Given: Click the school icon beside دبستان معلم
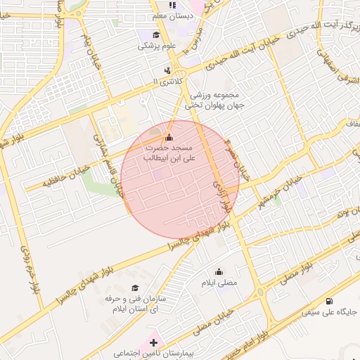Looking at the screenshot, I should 173,5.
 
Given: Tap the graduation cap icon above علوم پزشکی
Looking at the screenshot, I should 155,35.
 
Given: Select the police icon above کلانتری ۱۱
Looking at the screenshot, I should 167,70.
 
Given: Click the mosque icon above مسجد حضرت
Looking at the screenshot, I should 168,137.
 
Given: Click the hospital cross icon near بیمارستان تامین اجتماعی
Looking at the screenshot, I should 153,342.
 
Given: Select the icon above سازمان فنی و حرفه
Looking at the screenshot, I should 135,288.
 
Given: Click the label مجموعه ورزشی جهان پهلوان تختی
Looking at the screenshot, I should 213,100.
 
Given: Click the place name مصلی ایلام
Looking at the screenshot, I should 220,283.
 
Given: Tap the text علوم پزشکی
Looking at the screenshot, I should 156,46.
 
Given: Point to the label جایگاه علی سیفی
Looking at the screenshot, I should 330,311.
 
